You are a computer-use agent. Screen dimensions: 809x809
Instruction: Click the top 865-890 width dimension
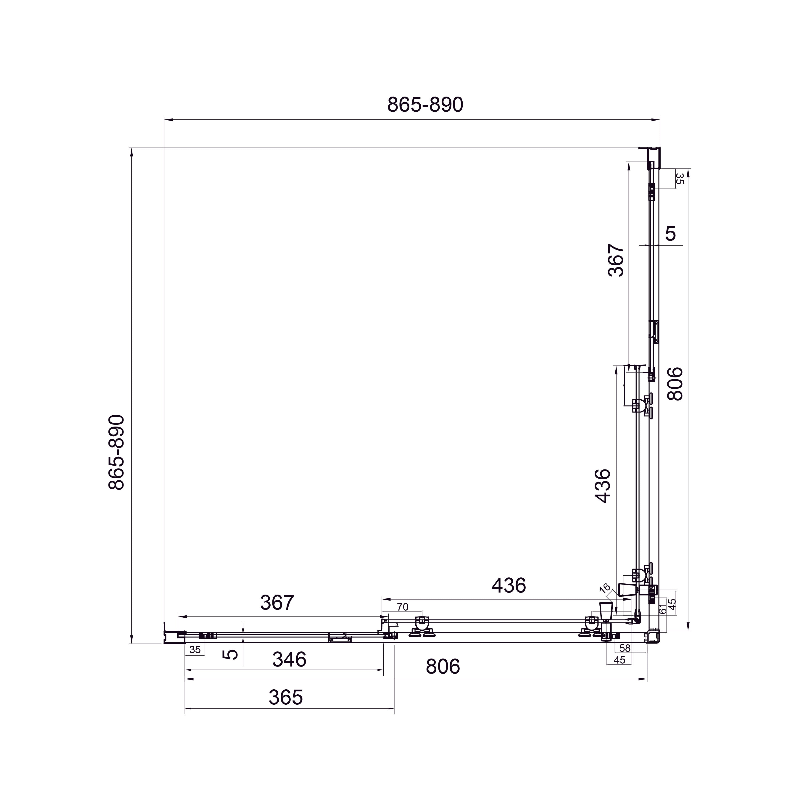click(425, 105)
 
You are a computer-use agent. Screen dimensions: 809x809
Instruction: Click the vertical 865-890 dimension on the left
click(116, 453)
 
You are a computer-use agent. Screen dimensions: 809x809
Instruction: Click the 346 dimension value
click(289, 660)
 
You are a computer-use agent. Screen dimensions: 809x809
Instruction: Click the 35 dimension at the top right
click(680, 179)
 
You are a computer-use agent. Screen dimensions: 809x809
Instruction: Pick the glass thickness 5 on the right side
click(670, 233)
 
